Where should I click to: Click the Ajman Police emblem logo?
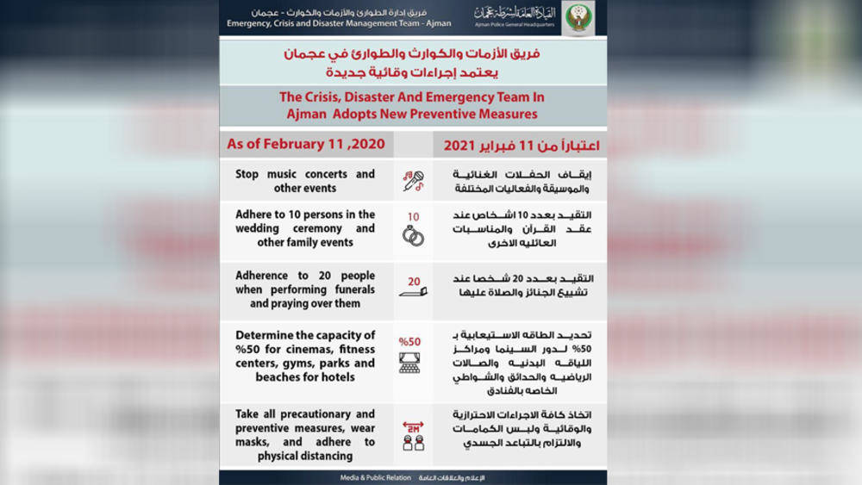click(x=578, y=17)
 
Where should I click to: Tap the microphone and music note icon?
click(x=413, y=180)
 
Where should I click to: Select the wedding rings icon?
click(x=413, y=236)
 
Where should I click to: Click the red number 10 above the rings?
click(x=413, y=216)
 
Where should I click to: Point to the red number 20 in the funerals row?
click(x=414, y=281)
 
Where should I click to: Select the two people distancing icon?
click(x=413, y=443)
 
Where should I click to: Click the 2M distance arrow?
click(x=413, y=425)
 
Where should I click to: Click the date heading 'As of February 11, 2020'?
click(x=305, y=144)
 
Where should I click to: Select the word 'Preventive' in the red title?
click(x=457, y=114)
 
